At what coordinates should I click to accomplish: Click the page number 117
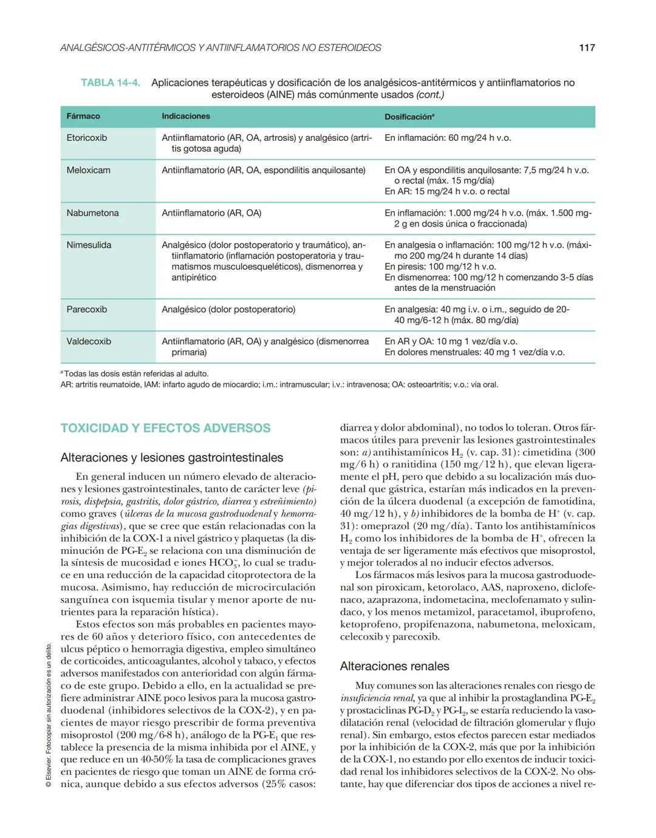[x=587, y=47]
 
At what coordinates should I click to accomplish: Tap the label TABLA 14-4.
[x=111, y=83]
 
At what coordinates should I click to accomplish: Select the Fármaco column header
[x=83, y=116]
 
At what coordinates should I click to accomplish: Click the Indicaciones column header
[x=186, y=116]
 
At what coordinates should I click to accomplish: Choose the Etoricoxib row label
[x=87, y=138]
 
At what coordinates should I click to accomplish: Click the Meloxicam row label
[x=89, y=170]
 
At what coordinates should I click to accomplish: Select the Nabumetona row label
[x=92, y=213]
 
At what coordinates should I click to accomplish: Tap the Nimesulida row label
[x=89, y=245]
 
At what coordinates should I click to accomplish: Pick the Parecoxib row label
[x=87, y=310]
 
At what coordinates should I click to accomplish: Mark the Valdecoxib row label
[x=89, y=341]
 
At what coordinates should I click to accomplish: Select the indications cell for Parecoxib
[x=228, y=310]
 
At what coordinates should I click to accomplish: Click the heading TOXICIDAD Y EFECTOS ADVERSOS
[x=165, y=428]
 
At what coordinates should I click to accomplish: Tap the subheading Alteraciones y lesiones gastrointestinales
[x=172, y=458]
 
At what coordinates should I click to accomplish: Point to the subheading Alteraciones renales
[x=395, y=666]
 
